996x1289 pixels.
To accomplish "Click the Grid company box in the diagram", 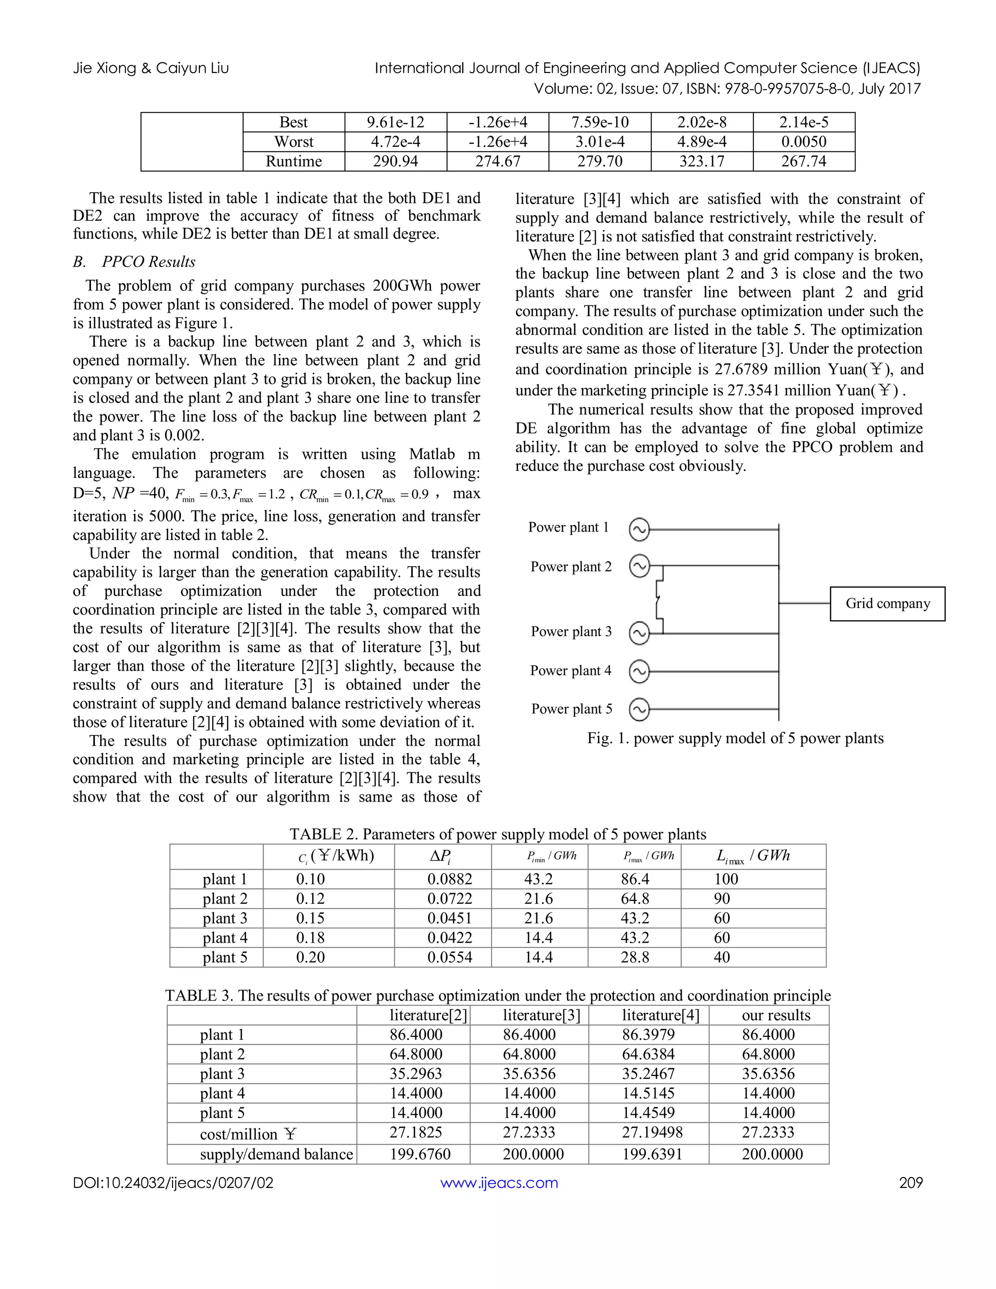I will [887, 603].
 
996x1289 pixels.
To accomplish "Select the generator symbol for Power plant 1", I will [639, 529].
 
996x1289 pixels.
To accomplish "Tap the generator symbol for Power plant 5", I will [639, 709].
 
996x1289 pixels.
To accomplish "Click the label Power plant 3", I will [571, 631].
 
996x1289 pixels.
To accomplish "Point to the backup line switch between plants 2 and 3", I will [659, 600].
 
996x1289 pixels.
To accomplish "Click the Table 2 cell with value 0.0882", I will [450, 879].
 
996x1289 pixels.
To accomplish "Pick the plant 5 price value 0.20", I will [310, 957].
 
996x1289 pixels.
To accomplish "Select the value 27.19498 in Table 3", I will [648, 1132].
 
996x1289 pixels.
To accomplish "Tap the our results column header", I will [776, 1015].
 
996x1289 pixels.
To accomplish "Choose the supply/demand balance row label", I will [276, 1154].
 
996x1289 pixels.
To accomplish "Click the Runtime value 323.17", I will [702, 161].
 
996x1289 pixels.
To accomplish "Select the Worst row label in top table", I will [293, 142].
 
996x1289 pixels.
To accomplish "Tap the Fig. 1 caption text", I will [735, 738].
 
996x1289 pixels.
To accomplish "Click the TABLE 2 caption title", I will [498, 834].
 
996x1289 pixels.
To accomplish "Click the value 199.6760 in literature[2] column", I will [420, 1154].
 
